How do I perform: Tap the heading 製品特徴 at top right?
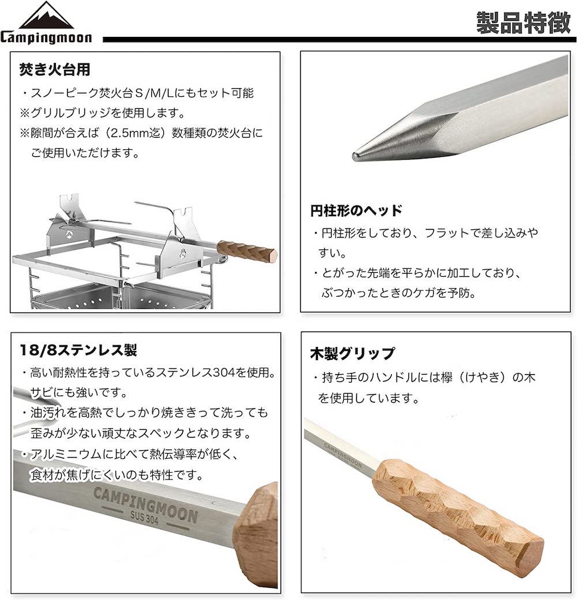522,23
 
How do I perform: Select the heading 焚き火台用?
55,70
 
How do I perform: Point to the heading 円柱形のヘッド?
356,210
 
